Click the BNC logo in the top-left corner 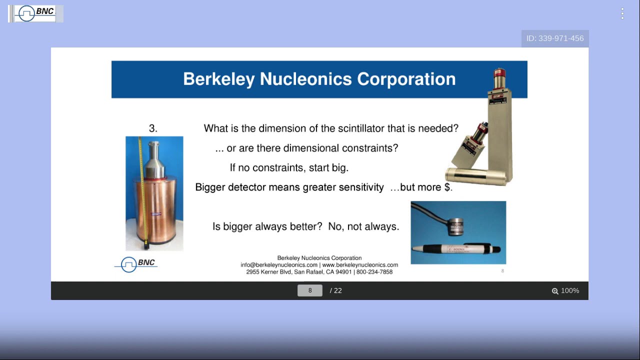pyautogui.click(x=35, y=13)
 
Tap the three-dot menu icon pyautogui.click(x=622, y=13)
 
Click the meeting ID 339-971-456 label pyautogui.click(x=555, y=38)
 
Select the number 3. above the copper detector pyautogui.click(x=153, y=128)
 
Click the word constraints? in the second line pyautogui.click(x=370, y=148)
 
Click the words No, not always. pyautogui.click(x=363, y=226)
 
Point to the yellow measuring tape pyautogui.click(x=142, y=190)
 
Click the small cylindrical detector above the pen pyautogui.click(x=456, y=225)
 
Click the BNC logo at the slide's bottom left pyautogui.click(x=136, y=263)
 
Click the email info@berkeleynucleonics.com pyautogui.click(x=279, y=265)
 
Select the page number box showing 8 pyautogui.click(x=310, y=290)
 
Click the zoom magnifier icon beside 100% pyautogui.click(x=555, y=291)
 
